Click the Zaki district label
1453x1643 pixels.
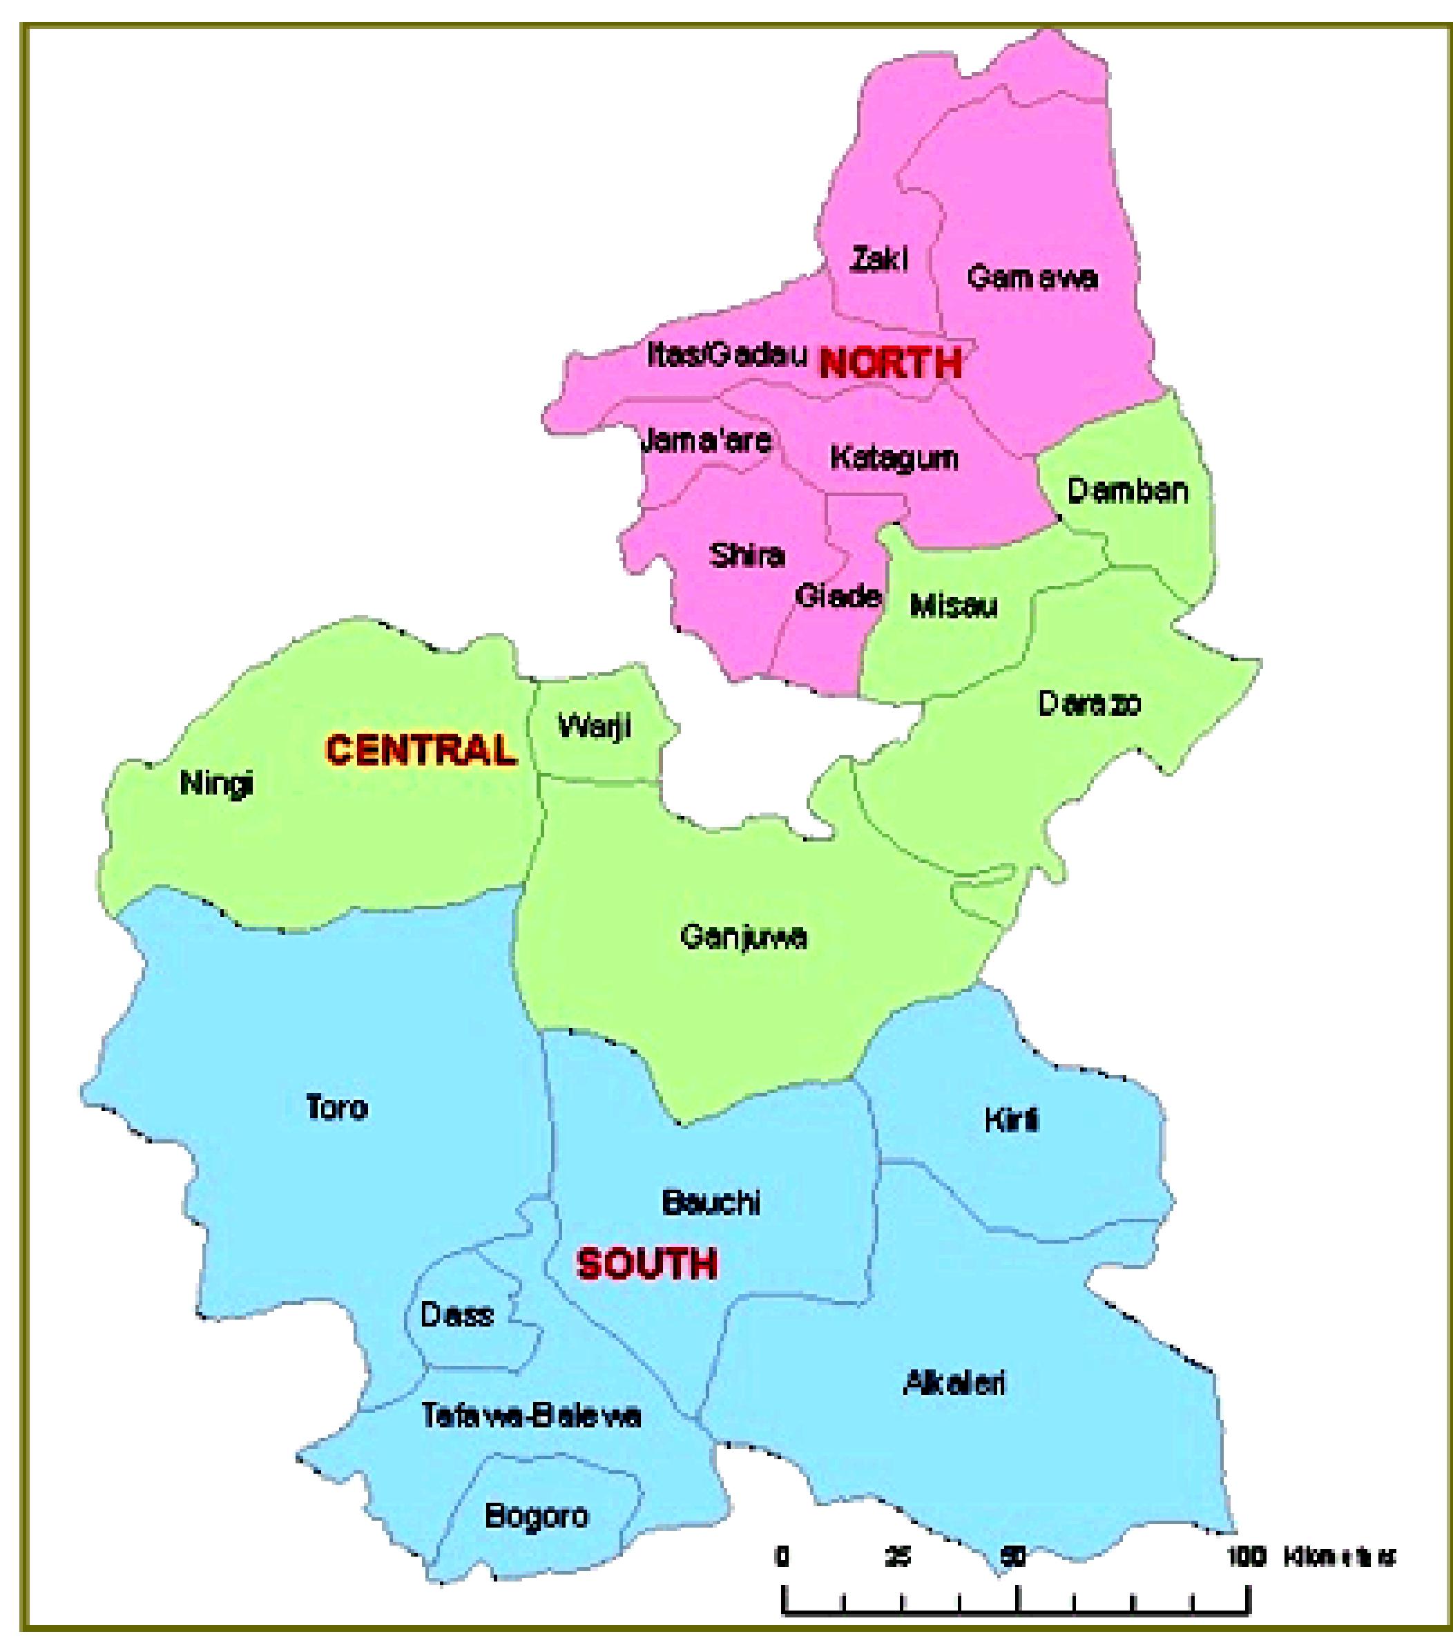coord(879,259)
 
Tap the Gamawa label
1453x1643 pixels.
coord(1032,277)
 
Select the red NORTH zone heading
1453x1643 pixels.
coord(889,363)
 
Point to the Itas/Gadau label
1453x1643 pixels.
coord(726,354)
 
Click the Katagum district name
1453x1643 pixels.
coord(894,458)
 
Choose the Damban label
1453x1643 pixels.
coord(1127,491)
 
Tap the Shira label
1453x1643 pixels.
coord(747,555)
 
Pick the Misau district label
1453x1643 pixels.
coord(953,606)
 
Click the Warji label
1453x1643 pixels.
coord(594,727)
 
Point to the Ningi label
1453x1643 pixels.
coord(216,782)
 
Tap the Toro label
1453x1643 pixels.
coord(337,1108)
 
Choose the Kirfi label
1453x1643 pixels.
coord(1012,1120)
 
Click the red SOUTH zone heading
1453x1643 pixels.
coord(647,1264)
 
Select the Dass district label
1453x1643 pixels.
coord(456,1315)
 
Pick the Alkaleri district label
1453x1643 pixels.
coord(954,1383)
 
